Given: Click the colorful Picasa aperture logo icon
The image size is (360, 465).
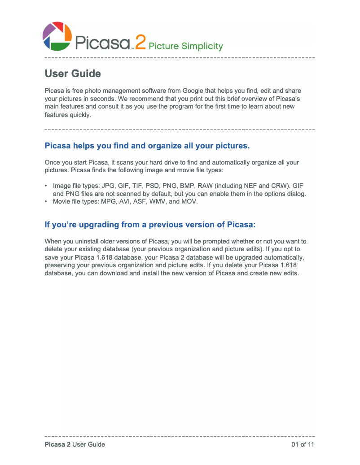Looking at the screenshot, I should click(57, 36).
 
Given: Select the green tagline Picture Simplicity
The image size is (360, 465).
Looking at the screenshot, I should click(185, 46).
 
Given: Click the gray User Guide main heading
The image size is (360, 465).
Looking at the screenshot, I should click(73, 74).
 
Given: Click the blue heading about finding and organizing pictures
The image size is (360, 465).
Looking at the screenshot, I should click(147, 146).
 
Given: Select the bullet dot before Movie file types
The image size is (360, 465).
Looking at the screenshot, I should click(46, 202).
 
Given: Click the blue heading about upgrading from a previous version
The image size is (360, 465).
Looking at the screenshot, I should click(150, 224).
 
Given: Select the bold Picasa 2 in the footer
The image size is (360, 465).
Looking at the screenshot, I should click(57, 444).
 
